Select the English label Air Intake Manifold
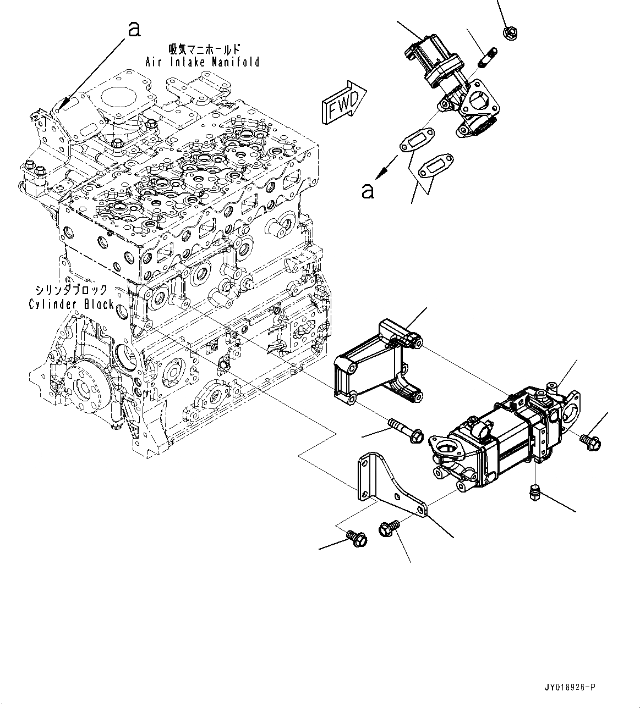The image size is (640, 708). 202,62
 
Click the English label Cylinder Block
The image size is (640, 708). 72,304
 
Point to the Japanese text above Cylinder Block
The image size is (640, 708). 72,290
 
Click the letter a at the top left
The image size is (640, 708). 134,29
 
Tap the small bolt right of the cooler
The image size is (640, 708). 590,441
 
